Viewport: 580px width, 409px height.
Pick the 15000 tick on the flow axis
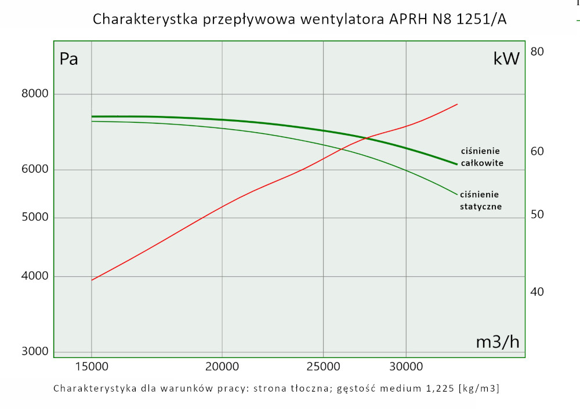coord(92,366)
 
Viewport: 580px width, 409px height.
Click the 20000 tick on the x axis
coord(223,366)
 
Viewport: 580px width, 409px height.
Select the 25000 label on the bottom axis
coord(323,366)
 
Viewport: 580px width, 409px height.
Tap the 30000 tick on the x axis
coord(405,366)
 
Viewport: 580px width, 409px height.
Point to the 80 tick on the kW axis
coord(536,52)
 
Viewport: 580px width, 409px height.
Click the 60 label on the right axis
coord(536,152)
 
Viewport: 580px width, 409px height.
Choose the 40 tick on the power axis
coord(536,292)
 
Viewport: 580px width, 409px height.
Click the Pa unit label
coord(69,59)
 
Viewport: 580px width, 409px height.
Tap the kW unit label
coord(506,59)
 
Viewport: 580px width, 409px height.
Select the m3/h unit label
coord(497,342)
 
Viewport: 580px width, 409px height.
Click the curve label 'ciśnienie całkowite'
coord(481,157)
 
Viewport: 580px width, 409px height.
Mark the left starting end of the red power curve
coord(92,280)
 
